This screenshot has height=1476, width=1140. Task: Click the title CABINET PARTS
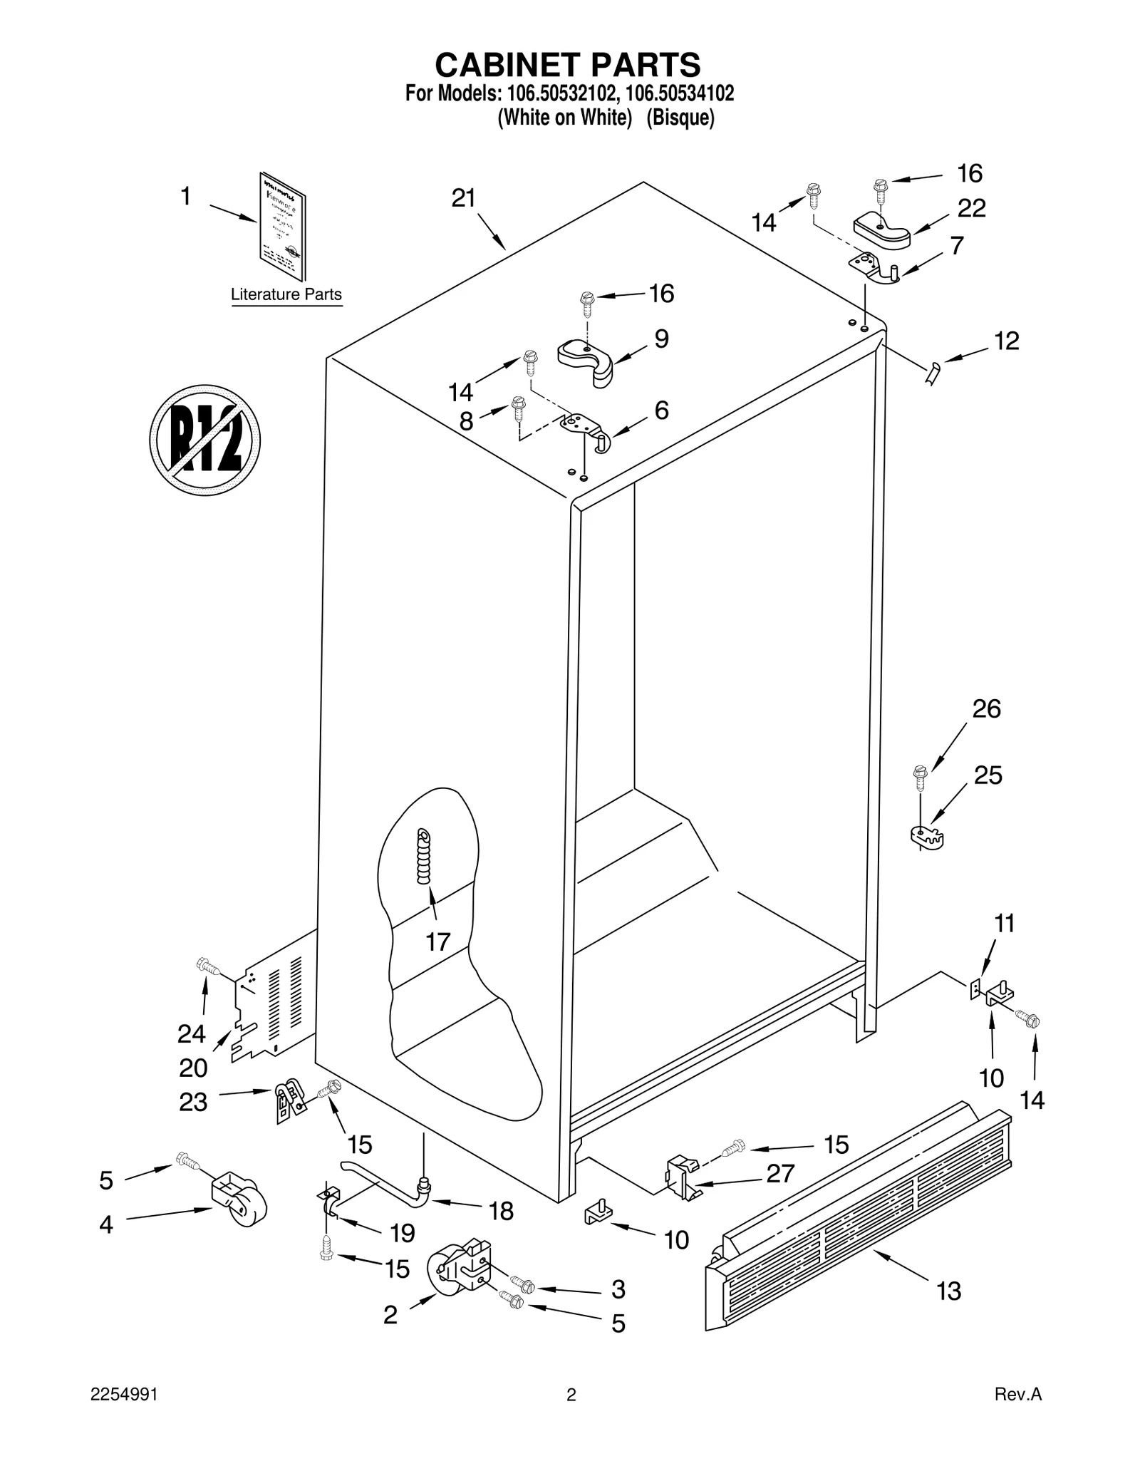coord(568,65)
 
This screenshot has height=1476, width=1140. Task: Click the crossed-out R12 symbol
coord(204,440)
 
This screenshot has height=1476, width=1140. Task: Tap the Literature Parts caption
coord(286,294)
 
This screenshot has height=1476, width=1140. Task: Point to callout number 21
coord(463,198)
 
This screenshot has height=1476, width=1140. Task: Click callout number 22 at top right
coord(971,208)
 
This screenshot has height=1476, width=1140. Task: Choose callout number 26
coord(986,708)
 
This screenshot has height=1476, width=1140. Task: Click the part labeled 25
coord(926,837)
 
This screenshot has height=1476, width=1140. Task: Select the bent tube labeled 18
coord(385,1181)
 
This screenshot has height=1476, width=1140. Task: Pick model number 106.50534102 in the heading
coord(680,93)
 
